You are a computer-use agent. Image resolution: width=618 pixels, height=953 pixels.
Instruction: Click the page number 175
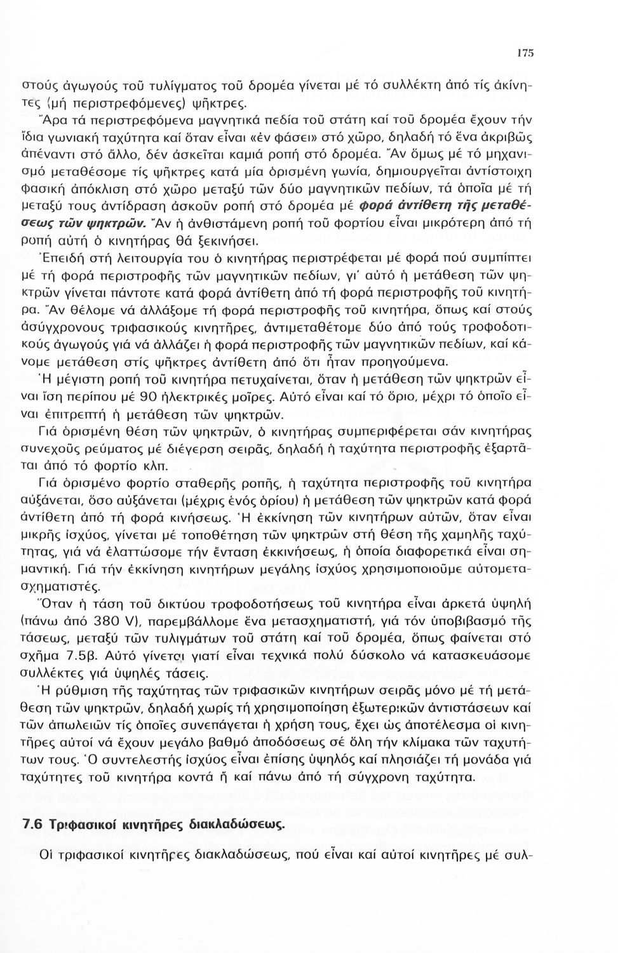[x=525, y=55]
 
